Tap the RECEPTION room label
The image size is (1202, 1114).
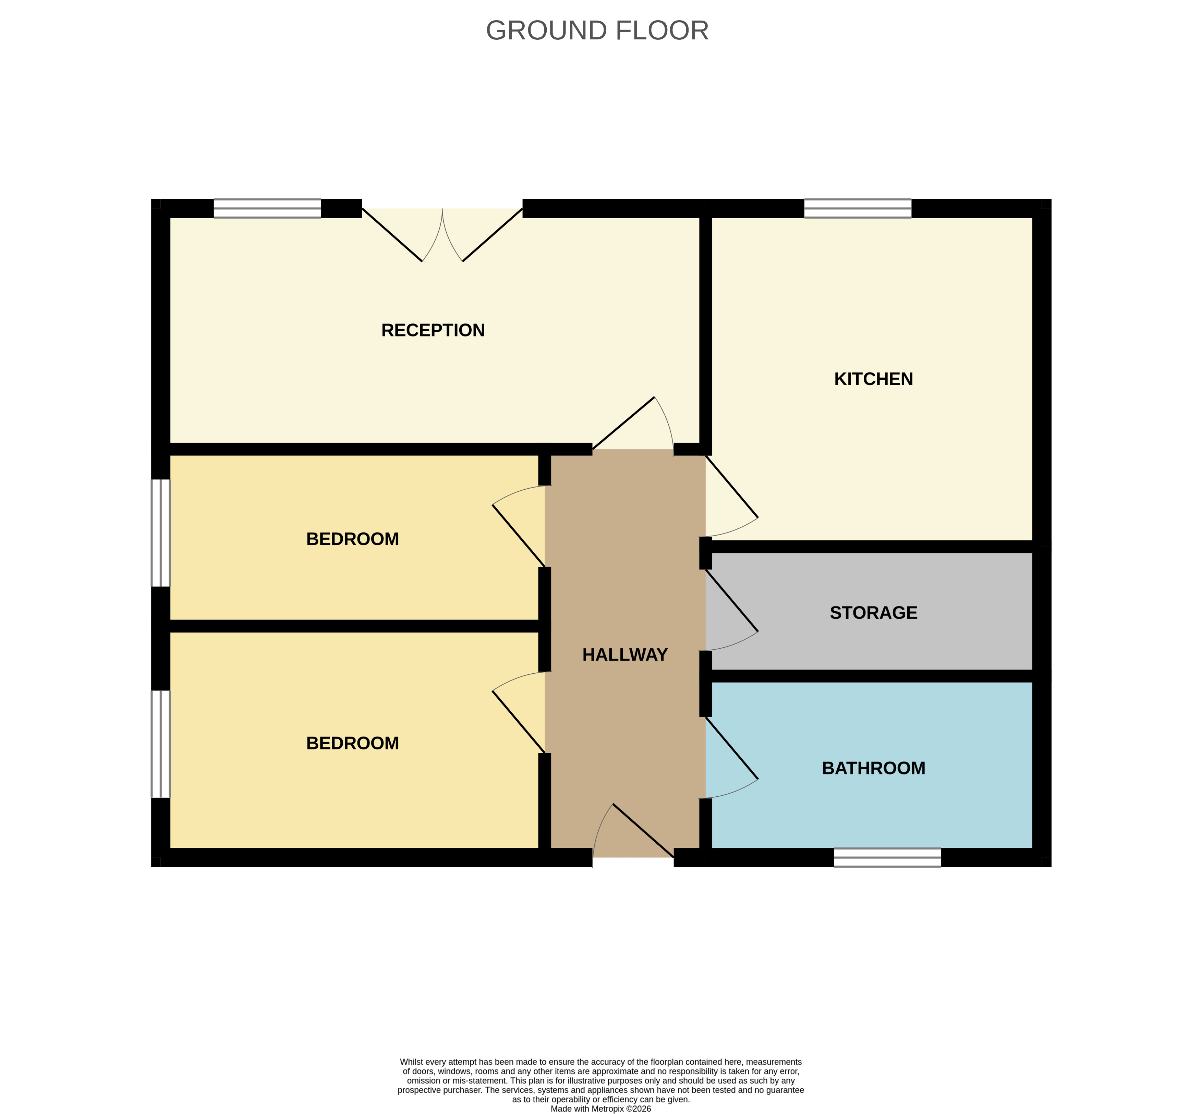[x=433, y=330]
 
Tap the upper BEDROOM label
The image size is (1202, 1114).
[x=353, y=539]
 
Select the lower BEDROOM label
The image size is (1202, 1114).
[x=353, y=743]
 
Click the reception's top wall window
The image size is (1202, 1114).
[x=268, y=209]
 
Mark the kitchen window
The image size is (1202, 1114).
[x=858, y=209]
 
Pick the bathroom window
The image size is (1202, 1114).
[x=887, y=857]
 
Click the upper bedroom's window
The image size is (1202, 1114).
[x=160, y=533]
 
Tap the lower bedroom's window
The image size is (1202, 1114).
[x=160, y=744]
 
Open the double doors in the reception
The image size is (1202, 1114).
[x=442, y=235]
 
